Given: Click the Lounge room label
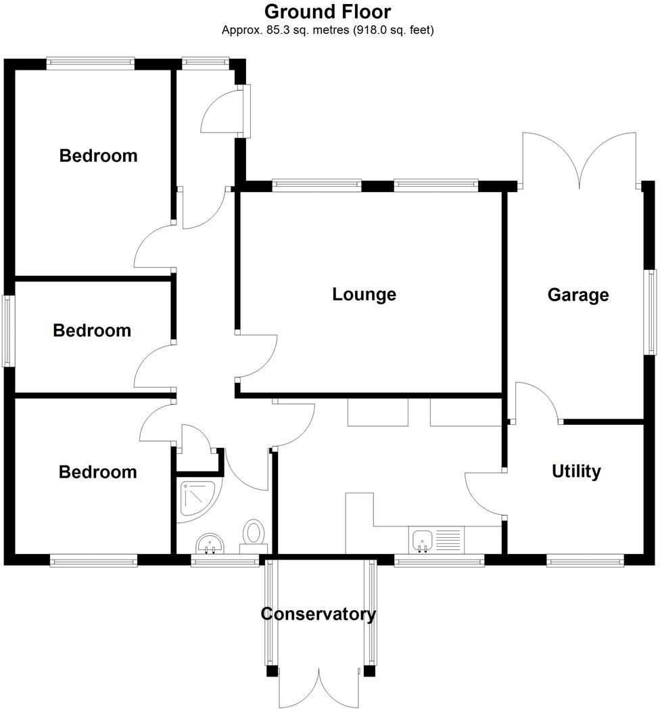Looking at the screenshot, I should pos(364,294).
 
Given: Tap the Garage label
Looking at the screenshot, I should pos(578,295).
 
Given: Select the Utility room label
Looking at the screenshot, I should pos(576,471).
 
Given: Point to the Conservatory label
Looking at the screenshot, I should pos(318,614).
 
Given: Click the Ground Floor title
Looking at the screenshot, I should pos(327,12).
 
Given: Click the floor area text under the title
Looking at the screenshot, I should pos(327,30).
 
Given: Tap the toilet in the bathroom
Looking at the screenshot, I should pos(254,534).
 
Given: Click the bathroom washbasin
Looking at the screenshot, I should pos(210,543).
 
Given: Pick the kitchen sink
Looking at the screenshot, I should pos(422,540).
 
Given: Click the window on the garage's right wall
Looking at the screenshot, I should pos(651,311).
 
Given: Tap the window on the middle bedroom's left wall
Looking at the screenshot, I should pos(8,331).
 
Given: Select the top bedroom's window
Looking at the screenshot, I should pos(90,64).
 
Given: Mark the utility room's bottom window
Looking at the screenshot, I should pos(585,559).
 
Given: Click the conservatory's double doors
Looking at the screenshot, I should pos(319,687).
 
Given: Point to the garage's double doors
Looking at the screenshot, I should pos(578,160).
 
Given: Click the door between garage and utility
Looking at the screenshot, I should pos(536,403).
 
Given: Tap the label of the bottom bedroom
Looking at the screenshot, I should pos(97,472).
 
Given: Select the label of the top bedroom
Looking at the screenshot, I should pos(98,156).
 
